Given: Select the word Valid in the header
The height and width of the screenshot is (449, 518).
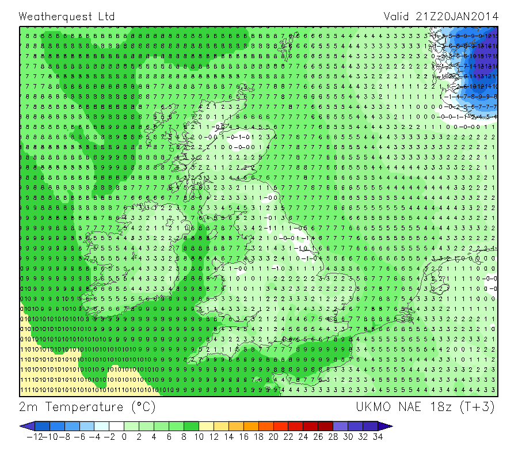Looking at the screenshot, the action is coord(397,16).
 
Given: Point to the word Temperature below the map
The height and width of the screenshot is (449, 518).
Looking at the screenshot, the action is coord(85,407).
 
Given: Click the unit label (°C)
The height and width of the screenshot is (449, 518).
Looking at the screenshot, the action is coord(141,407).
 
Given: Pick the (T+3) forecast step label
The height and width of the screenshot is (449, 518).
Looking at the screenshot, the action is coord(478,407).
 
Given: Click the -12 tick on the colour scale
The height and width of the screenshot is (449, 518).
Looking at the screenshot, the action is coord(35,437).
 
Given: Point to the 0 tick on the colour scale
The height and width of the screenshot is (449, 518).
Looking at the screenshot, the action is coord(124,437).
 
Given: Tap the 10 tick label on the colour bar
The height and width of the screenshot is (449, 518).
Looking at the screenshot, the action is coord(199,437).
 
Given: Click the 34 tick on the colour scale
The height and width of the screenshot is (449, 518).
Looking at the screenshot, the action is coord(378,437).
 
